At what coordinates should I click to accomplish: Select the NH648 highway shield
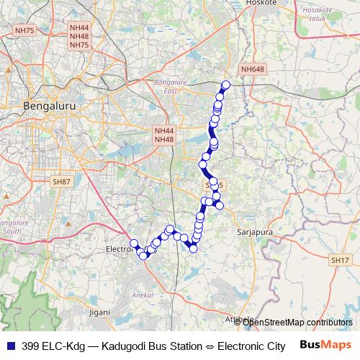coord(253,69)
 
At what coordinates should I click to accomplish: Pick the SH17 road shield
coord(340,259)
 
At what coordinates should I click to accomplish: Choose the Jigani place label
coord(100,312)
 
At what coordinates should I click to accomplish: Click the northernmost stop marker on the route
coord(225,85)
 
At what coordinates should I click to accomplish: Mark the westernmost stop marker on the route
coord(132,243)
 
